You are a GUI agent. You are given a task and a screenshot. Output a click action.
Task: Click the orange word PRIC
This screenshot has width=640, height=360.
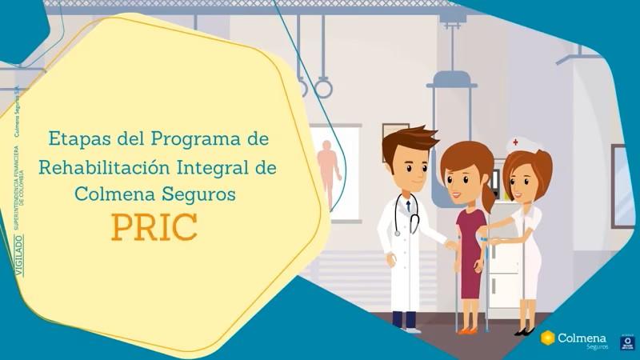pyautogui.click(x=154, y=227)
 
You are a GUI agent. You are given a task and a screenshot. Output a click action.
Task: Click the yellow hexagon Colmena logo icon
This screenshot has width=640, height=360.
pyautogui.click(x=548, y=338)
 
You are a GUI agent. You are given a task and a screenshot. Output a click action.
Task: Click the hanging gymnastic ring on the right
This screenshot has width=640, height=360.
pyautogui.click(x=322, y=87)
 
